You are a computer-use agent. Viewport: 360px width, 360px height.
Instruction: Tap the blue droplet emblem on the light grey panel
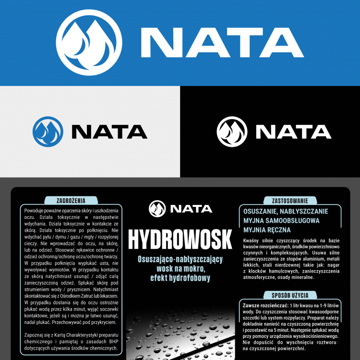(x=48, y=131)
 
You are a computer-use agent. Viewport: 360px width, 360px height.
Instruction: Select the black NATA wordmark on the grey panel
(x=109, y=132)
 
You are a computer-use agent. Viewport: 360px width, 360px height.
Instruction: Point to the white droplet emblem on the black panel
(x=232, y=131)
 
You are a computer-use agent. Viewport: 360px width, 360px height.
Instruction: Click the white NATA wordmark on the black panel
(x=293, y=132)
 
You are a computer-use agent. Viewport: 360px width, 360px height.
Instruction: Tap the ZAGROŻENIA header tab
(x=71, y=200)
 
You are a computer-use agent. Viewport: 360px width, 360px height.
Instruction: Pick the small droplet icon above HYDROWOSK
(x=157, y=209)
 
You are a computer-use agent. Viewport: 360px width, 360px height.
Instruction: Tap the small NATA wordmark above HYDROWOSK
(x=191, y=209)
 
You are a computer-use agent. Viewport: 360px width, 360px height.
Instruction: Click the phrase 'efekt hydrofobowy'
(x=180, y=278)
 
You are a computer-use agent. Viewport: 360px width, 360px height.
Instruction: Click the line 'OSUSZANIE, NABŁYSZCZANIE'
(x=286, y=211)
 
